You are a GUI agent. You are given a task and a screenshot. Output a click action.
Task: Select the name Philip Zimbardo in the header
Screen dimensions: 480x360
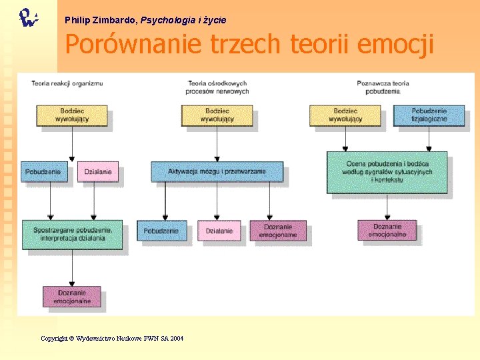click(100, 20)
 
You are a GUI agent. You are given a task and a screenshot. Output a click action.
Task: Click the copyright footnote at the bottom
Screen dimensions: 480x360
click(112, 339)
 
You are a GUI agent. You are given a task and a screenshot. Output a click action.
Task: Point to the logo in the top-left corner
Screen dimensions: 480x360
click(27, 17)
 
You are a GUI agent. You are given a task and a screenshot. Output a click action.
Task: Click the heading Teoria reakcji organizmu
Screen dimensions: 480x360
click(67, 83)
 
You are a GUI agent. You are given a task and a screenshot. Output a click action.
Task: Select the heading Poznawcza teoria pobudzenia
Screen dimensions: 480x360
click(383, 87)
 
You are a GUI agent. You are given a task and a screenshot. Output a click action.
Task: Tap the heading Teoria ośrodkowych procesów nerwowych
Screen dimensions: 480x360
click(218, 87)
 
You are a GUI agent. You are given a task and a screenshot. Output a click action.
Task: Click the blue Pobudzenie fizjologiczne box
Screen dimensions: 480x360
click(429, 115)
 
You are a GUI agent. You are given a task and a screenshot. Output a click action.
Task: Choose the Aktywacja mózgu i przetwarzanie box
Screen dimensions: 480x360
click(217, 171)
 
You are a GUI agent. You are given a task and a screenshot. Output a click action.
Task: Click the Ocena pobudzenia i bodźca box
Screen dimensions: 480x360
click(387, 172)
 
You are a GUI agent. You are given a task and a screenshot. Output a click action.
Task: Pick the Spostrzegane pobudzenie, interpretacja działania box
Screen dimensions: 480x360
click(72, 234)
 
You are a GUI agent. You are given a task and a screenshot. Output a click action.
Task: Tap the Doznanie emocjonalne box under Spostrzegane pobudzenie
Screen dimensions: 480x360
click(72, 297)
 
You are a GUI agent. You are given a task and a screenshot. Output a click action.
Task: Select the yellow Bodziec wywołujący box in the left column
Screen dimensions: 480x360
click(71, 115)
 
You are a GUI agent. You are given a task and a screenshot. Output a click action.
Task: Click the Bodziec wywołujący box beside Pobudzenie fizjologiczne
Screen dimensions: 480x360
click(345, 115)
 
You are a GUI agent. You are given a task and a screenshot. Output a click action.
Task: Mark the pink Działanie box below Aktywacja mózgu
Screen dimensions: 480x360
click(219, 231)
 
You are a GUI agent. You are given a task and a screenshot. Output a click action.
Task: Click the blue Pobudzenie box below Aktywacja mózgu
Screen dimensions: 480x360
click(161, 231)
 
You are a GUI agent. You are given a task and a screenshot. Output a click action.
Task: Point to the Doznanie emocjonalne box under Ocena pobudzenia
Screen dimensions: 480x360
click(387, 230)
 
